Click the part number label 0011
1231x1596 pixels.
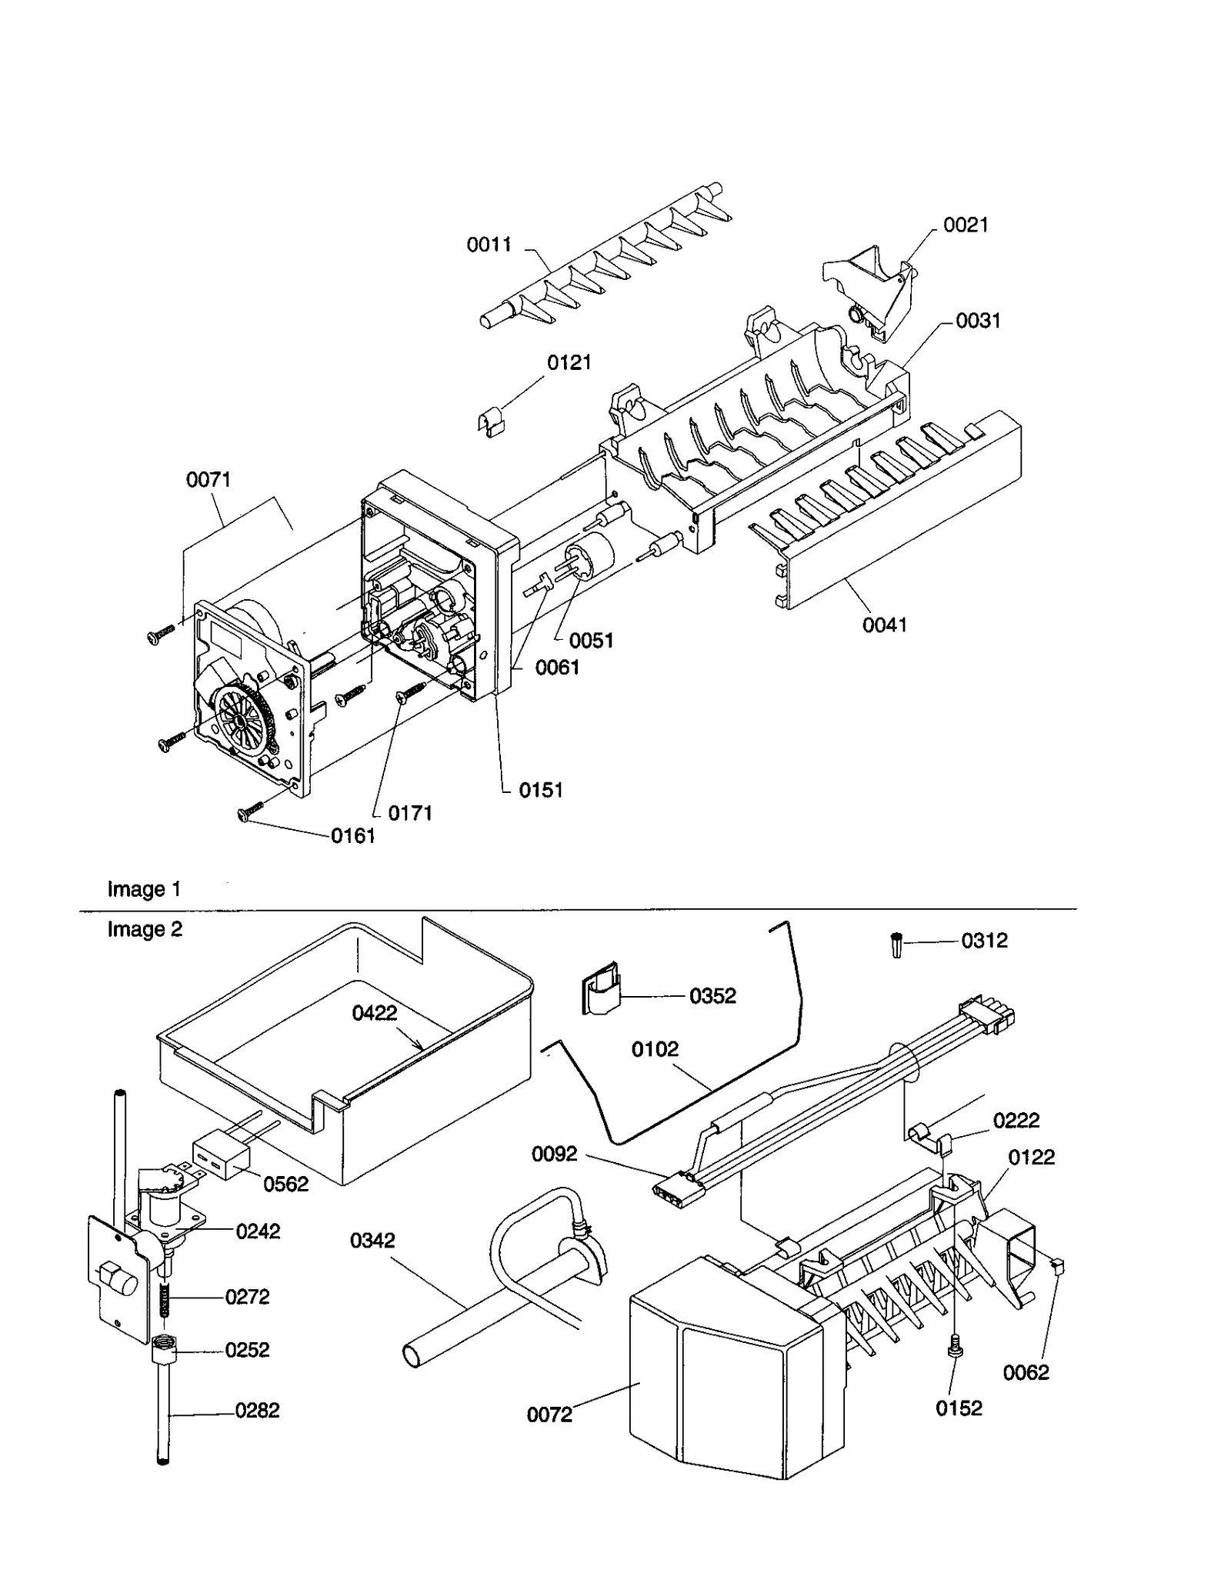click(489, 245)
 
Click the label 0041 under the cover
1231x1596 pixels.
click(884, 625)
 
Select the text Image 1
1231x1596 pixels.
click(144, 889)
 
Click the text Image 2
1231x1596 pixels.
click(145, 929)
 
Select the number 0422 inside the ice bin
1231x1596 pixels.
click(375, 1013)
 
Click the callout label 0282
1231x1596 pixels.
click(257, 1410)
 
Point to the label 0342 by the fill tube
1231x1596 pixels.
click(372, 1240)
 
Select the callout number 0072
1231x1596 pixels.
click(549, 1414)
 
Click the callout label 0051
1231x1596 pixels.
click(591, 640)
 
